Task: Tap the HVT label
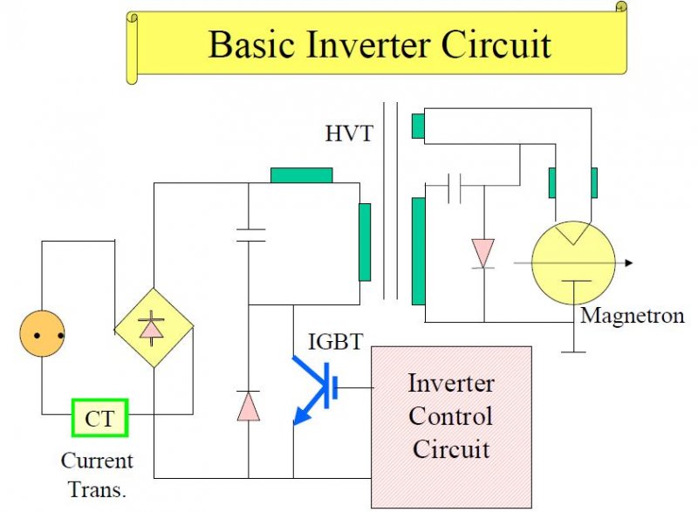348,133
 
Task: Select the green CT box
100,418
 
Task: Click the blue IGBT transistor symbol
316,388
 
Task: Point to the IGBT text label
336,341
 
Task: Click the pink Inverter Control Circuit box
451,427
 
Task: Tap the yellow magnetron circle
573,263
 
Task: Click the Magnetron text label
632,316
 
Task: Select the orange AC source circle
42,333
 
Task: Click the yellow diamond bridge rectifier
154,328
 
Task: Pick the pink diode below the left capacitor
249,406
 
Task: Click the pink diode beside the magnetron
483,254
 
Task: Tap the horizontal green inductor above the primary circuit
301,175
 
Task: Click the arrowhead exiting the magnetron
628,263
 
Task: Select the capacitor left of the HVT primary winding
250,236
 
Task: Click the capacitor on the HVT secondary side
454,188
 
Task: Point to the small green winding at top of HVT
418,126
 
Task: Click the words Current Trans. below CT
97,475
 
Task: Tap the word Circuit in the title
496,45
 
